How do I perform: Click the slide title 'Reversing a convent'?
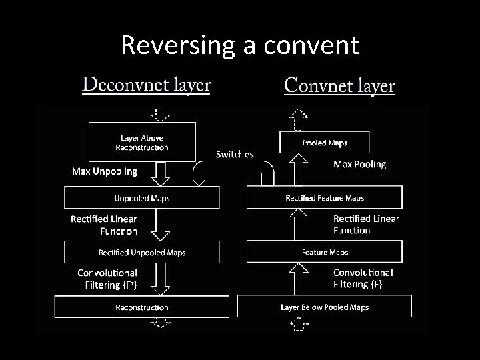click(240, 45)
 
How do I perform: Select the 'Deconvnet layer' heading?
click(146, 85)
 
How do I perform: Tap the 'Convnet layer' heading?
click(339, 86)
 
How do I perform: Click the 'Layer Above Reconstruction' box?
click(142, 142)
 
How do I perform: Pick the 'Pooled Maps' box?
click(325, 143)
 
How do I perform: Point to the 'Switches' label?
click(235, 154)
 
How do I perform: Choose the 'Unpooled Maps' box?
click(141, 198)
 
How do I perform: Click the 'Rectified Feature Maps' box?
click(325, 197)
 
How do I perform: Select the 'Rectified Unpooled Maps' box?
click(141, 253)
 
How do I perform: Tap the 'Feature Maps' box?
click(325, 252)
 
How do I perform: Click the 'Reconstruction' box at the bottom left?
click(141, 307)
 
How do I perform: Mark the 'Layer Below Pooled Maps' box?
click(325, 307)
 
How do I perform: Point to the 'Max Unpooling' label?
click(105, 171)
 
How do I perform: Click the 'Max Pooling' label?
click(359, 164)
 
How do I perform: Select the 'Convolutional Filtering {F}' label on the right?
click(363, 278)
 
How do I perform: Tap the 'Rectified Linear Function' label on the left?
click(104, 225)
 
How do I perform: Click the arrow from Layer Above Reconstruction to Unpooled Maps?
click(161, 175)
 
